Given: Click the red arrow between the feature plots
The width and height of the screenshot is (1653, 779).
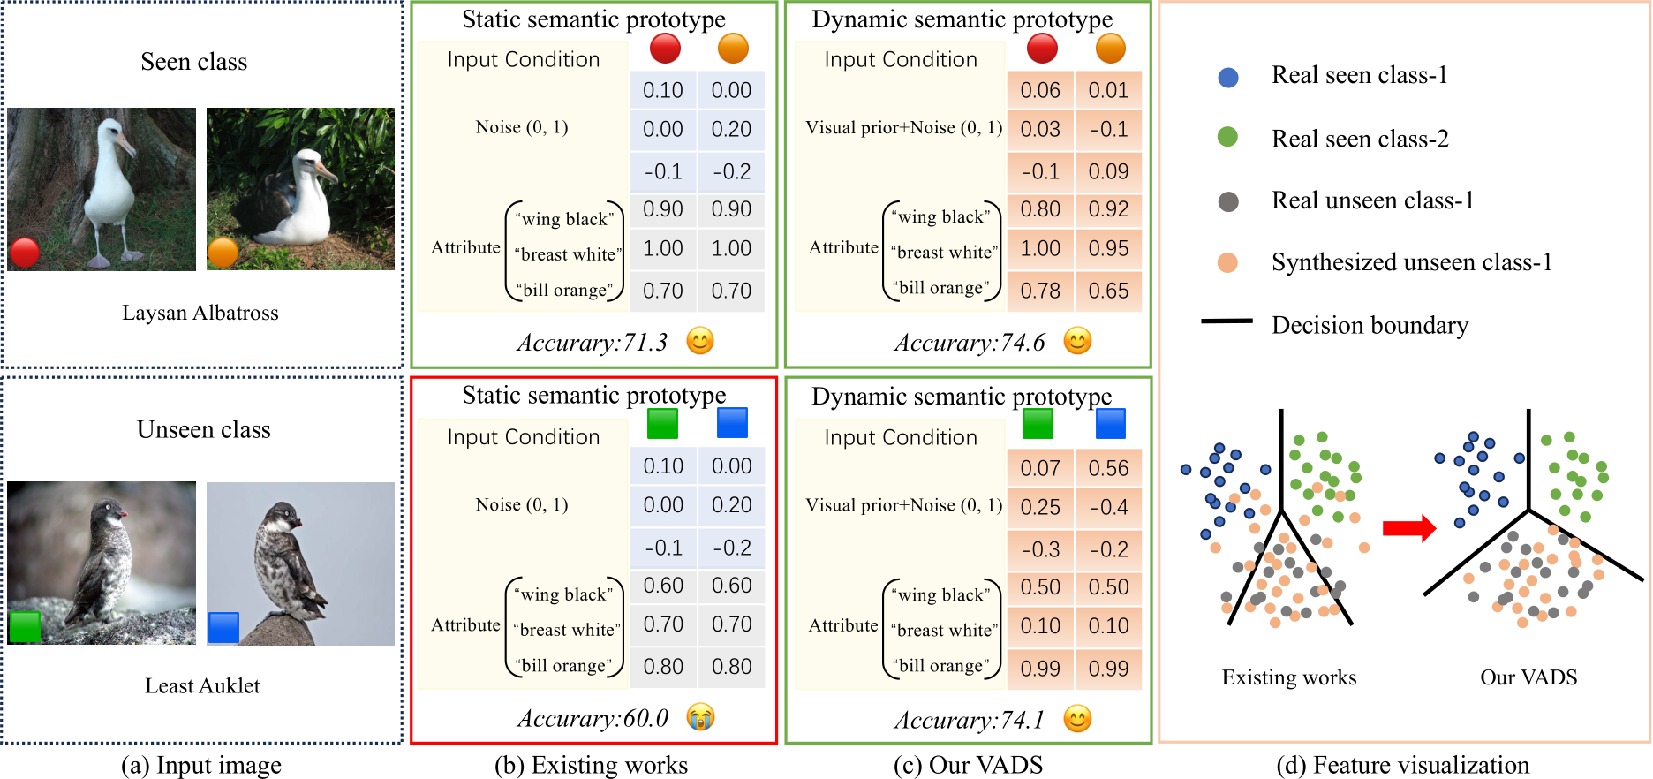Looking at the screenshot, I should pyautogui.click(x=1408, y=528).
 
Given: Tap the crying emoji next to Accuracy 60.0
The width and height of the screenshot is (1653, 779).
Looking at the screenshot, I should pyautogui.click(x=700, y=717).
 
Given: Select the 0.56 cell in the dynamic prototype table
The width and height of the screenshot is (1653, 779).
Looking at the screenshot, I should pyautogui.click(x=1108, y=468).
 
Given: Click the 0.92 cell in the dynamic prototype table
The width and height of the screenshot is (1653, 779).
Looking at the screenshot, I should pyautogui.click(x=1108, y=209).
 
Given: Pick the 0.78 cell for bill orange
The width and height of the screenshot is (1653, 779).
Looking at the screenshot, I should pyautogui.click(x=1040, y=291).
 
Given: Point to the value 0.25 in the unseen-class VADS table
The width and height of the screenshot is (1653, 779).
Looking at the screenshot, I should pyautogui.click(x=1040, y=507).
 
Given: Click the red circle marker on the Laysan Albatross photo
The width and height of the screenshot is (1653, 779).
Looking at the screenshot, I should pyautogui.click(x=25, y=252).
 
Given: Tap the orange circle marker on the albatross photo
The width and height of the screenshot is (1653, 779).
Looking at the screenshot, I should pyautogui.click(x=223, y=253).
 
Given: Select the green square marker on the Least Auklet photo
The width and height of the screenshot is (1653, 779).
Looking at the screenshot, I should pyautogui.click(x=25, y=626).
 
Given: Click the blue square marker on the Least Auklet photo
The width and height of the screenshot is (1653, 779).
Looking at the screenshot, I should pyautogui.click(x=223, y=627).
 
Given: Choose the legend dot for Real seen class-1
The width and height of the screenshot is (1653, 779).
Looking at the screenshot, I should pyautogui.click(x=1227, y=77).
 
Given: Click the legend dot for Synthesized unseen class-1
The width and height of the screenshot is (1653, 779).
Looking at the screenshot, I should pyautogui.click(x=1227, y=263).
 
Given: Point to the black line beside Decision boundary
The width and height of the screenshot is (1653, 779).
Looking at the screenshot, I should pyautogui.click(x=1227, y=321).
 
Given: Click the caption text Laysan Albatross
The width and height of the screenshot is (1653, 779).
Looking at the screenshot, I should pyautogui.click(x=200, y=313).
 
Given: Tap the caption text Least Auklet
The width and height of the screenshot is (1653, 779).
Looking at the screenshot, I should pyautogui.click(x=202, y=686).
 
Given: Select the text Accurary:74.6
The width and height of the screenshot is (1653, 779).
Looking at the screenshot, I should pyautogui.click(x=969, y=343).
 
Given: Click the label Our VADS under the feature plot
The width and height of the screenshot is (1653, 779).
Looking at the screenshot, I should pyautogui.click(x=1528, y=677).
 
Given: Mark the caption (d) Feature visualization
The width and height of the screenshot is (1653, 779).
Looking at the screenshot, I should pyautogui.click(x=1402, y=765).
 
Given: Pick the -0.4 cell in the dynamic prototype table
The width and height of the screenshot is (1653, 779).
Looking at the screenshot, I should pyautogui.click(x=1108, y=507).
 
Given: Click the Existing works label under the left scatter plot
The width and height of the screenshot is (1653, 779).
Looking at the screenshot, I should pyautogui.click(x=1288, y=677).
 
